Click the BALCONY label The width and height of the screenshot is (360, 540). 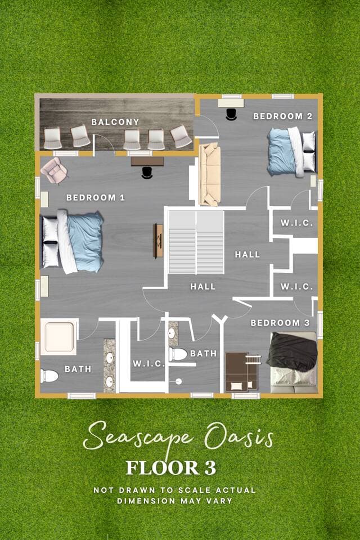coord(115,122)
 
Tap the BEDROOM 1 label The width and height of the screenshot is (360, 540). coord(96,197)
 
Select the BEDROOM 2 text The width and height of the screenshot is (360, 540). coord(283,116)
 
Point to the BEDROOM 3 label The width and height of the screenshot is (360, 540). coord(280,323)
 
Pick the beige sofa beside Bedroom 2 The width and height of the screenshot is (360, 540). coord(209,174)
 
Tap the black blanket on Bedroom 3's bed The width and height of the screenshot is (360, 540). coord(293,352)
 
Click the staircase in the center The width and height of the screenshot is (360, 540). coord(196,242)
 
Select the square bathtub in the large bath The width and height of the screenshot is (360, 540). coord(59,337)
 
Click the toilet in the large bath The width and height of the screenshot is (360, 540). coord(49,376)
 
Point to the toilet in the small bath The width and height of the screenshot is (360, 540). coord(178,354)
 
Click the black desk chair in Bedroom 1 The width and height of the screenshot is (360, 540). coord(147,173)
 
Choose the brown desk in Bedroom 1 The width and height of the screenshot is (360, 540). coord(147,161)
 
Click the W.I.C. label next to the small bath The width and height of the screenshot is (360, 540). coord(149,364)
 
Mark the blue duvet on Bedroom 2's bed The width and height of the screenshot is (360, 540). coord(281,151)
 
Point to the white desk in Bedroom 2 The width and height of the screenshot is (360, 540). coord(231,103)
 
